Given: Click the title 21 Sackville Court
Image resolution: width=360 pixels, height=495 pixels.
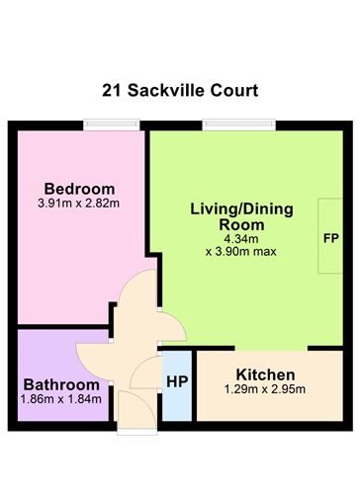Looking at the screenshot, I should (x=179, y=91).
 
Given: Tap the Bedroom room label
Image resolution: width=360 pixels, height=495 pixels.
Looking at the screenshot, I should (x=79, y=189).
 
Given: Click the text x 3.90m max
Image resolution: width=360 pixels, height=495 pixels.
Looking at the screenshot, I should (x=240, y=252).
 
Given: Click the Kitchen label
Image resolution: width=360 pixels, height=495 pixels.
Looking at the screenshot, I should (x=265, y=375).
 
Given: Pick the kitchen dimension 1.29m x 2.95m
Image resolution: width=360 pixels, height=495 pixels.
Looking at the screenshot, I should (x=265, y=391).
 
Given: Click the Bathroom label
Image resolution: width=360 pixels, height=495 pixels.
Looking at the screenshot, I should (x=61, y=384).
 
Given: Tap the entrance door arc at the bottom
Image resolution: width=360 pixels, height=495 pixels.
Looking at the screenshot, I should (x=134, y=407).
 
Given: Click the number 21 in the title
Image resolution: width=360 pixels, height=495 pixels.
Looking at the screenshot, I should (x=113, y=91).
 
